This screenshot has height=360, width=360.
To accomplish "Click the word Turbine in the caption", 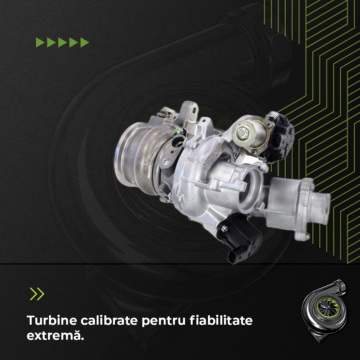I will [51, 321].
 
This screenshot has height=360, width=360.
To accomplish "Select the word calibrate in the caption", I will [109, 321].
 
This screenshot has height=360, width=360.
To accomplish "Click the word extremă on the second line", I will [55, 335].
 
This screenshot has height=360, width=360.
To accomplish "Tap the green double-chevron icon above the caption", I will [37, 294].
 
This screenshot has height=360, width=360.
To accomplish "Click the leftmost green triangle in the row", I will [40, 42].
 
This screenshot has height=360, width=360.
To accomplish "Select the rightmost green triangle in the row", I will [85, 42].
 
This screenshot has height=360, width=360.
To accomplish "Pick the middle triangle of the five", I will [63, 42].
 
